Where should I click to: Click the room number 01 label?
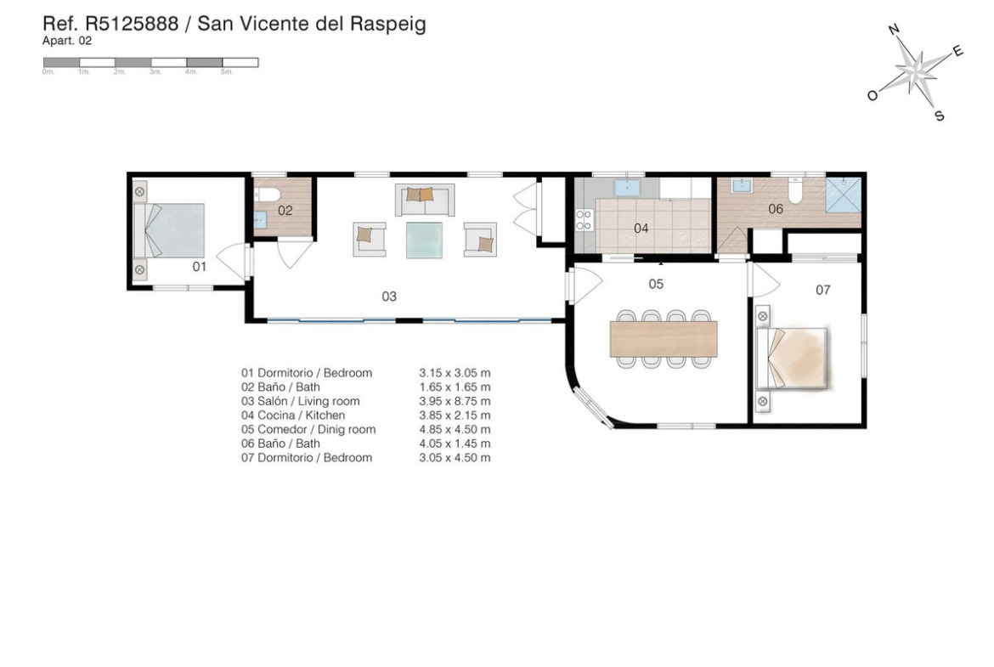click(200, 267)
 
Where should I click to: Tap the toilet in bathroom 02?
click(264, 195)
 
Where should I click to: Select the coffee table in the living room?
click(424, 240)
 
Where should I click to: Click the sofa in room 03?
click(425, 199)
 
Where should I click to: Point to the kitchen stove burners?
click(583, 221)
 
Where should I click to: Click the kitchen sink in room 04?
click(627, 188)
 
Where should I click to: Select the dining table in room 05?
click(663, 338)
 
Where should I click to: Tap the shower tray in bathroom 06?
click(843, 194)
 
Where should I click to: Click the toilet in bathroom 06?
click(795, 189)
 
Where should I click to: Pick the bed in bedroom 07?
click(794, 359)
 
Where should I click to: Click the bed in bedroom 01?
click(170, 230)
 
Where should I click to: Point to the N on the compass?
click(894, 29)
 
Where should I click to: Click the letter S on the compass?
click(940, 116)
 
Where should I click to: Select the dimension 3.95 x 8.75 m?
click(455, 401)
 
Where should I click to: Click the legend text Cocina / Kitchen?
click(301, 415)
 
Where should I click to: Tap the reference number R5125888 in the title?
click(132, 24)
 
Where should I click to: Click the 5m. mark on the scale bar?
click(227, 71)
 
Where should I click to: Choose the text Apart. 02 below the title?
click(67, 42)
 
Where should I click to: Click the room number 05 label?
click(656, 284)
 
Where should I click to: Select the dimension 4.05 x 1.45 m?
click(455, 444)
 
